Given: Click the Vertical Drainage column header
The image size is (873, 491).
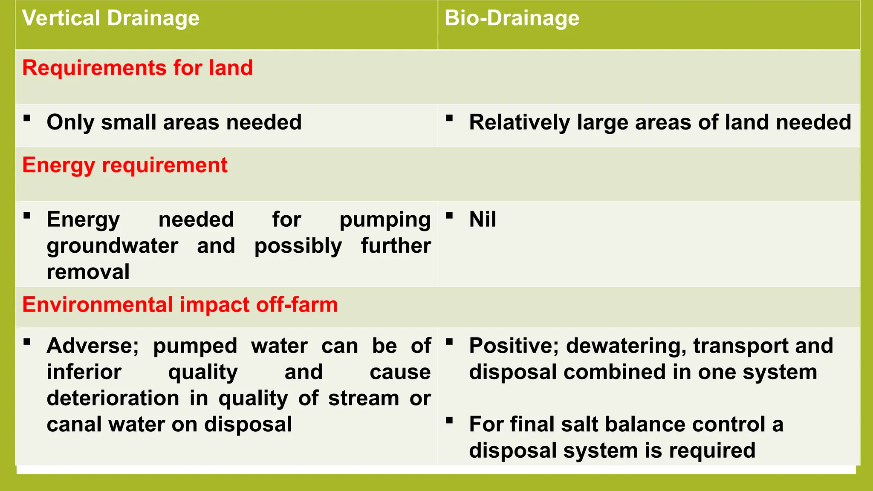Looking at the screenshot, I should coord(111,18).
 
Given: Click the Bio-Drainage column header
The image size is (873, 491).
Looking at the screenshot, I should coord(512,18).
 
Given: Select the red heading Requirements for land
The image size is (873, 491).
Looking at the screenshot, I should coord(137,68).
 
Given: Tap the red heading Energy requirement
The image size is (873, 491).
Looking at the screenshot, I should coord(124,165).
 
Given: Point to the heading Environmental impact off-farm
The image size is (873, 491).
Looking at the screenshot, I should coord(179,305).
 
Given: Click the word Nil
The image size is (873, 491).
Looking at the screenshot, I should coord(482,220).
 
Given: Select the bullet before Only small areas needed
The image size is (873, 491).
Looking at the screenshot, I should coord(27,118).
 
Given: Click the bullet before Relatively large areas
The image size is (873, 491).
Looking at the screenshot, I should coord(449,118).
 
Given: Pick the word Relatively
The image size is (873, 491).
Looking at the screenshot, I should coord(519,123).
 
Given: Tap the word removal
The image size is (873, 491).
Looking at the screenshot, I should coord(88,272).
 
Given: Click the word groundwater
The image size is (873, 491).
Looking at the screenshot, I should coord(112,246).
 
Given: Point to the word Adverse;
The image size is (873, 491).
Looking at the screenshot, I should coord(93,346).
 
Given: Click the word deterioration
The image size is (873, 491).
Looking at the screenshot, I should coord(113,399).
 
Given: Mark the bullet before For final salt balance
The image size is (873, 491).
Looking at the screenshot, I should coord(449,421).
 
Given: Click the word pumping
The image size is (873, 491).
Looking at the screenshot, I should coord(384,220).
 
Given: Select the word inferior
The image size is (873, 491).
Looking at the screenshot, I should coord(84,372).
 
